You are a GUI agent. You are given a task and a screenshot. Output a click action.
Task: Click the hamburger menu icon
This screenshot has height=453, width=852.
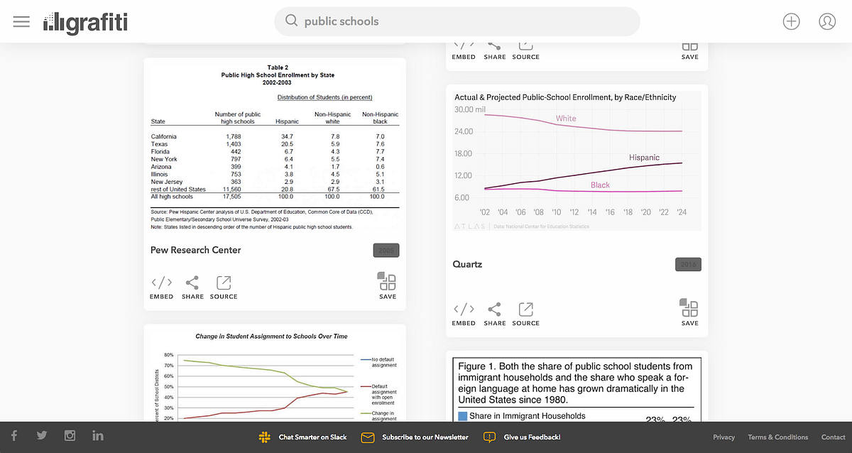click(x=21, y=21)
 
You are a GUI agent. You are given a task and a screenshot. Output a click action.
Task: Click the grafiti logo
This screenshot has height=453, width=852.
click(x=85, y=22)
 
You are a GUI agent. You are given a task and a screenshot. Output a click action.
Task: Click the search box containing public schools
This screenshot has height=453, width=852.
click(x=457, y=21)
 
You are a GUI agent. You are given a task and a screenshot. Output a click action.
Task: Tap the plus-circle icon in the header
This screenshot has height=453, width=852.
click(x=791, y=21)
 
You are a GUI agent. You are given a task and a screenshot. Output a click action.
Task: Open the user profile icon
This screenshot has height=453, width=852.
click(x=827, y=21)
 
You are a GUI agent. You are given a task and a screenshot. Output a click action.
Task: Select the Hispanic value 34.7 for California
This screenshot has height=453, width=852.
click(x=287, y=136)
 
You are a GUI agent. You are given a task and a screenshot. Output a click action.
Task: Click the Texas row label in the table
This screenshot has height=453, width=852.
click(x=159, y=144)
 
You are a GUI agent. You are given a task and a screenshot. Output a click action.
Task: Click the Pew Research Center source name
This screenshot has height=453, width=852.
click(x=196, y=250)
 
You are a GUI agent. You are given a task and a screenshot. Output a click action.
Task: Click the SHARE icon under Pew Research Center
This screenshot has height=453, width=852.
click(x=192, y=283)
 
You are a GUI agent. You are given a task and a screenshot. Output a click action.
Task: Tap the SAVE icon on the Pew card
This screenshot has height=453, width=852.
click(x=388, y=282)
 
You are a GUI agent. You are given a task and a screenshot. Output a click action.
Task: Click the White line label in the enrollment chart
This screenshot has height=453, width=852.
click(x=566, y=119)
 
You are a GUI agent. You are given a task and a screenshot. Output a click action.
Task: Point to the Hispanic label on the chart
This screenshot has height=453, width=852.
click(x=644, y=158)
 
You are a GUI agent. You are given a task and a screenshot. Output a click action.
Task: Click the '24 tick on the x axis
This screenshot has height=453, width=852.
click(x=682, y=212)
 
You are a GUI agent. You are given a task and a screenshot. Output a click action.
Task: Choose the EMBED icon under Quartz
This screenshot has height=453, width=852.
click(x=464, y=310)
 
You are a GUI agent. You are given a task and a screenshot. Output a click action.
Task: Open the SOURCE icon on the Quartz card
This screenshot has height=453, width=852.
click(x=526, y=310)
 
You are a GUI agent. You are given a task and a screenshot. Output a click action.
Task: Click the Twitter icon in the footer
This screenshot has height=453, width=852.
click(x=42, y=436)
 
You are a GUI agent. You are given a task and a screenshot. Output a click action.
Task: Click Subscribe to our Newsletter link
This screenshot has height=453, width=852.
click(x=425, y=437)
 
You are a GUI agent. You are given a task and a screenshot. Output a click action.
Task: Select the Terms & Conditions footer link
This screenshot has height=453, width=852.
click(x=777, y=437)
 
